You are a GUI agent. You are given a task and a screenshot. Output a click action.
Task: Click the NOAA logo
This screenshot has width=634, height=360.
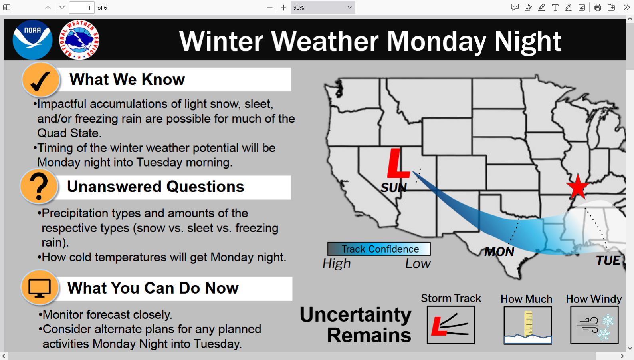point(33,40)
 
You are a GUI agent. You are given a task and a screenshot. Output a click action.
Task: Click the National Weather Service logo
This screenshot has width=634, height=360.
point(79,40)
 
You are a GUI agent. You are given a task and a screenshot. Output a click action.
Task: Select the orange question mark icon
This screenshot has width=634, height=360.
point(39,187)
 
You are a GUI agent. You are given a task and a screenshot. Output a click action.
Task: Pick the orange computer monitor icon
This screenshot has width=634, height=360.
point(40,288)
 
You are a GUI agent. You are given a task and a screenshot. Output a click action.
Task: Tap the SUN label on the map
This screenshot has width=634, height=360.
point(394,188)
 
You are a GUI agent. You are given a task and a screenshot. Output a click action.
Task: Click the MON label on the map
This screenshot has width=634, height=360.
point(499,252)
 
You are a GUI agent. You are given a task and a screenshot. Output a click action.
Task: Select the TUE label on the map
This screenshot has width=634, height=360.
point(608,261)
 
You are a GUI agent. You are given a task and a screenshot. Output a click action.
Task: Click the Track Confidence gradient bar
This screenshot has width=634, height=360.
point(379,249)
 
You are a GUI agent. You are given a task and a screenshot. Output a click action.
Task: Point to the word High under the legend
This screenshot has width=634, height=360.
point(337,264)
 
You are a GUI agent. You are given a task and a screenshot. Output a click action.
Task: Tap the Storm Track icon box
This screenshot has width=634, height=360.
point(451,325)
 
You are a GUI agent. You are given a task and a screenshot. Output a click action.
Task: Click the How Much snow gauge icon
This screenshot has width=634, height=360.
point(528,325)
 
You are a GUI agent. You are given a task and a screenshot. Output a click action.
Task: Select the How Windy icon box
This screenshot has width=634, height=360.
point(594,325)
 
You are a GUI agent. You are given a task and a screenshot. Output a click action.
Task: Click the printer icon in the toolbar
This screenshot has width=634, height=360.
point(598,8)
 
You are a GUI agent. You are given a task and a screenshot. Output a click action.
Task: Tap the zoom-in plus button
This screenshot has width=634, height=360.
point(283,8)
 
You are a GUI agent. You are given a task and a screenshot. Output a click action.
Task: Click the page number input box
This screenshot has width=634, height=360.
point(82,8)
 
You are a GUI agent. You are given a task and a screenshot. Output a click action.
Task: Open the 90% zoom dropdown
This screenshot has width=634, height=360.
point(323,8)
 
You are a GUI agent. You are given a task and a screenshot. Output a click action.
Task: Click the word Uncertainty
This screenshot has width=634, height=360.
point(355,315)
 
